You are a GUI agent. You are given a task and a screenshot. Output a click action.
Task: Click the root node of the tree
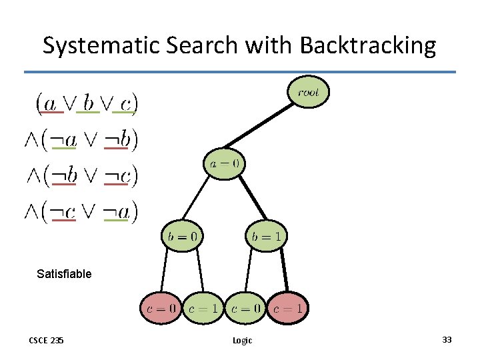(308, 93)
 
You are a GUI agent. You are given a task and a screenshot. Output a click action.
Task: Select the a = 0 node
(225, 163)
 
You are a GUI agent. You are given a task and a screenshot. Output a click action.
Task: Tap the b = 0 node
(181, 235)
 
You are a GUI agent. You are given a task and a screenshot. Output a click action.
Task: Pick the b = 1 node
(267, 235)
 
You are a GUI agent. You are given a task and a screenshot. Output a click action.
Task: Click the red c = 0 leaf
(161, 308)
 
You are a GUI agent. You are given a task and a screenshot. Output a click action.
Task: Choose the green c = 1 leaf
(203, 308)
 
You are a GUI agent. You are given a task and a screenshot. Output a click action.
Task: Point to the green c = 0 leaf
(245, 308)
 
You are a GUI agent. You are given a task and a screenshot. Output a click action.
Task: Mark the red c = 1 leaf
(287, 308)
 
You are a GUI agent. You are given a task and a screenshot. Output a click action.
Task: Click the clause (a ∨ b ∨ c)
(87, 103)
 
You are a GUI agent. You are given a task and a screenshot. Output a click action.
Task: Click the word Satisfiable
(64, 273)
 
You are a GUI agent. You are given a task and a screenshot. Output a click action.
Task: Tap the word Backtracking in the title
(368, 45)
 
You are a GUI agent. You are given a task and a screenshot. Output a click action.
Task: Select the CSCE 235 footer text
(46, 340)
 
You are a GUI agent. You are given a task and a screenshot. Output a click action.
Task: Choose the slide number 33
(447, 339)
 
